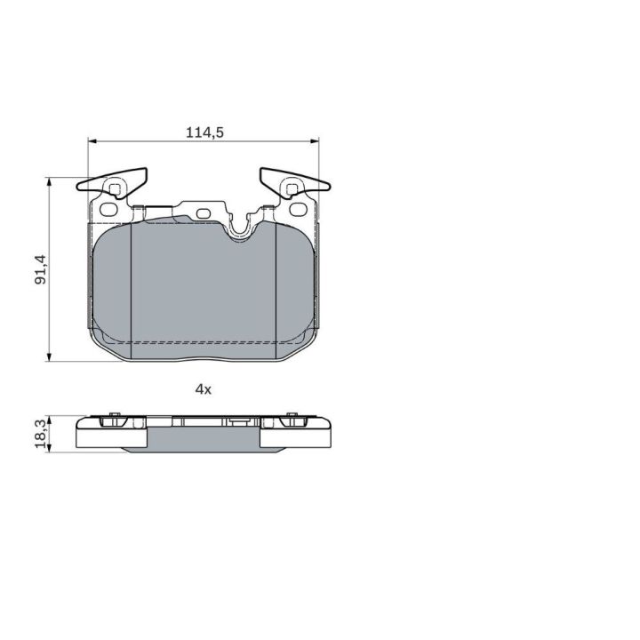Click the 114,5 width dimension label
click(205, 132)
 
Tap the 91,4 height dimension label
click(41, 269)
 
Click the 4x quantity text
click(204, 389)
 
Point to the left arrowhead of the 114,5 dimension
click(92, 141)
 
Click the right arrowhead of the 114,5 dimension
click(315, 141)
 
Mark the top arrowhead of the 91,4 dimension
click(50, 181)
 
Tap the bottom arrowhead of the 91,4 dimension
click(50, 357)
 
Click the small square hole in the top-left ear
click(116, 189)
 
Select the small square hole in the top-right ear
click(292, 189)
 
